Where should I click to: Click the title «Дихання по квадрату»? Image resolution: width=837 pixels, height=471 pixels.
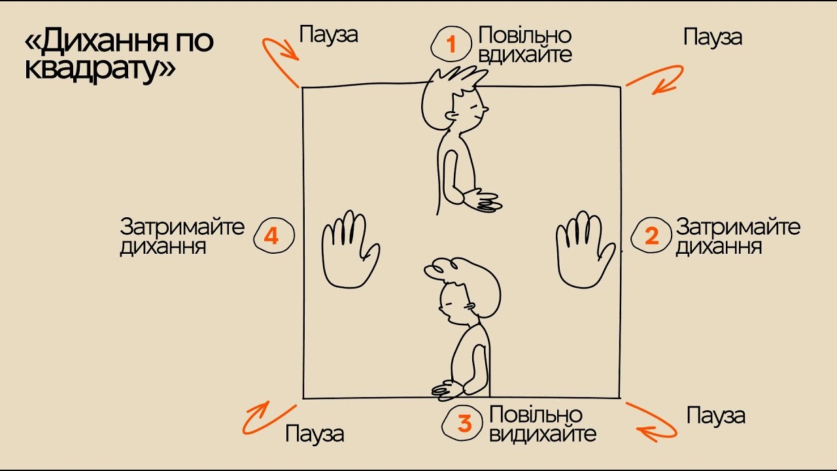coord(119,56)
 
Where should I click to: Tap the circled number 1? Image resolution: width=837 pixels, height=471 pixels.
coord(451,44)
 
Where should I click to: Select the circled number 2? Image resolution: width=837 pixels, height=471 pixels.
coord(651,235)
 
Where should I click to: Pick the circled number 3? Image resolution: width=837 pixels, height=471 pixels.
coord(464,423)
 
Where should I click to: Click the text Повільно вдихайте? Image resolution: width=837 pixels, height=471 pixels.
coord(525,44)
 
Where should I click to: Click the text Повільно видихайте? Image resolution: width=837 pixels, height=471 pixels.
coord(542,424)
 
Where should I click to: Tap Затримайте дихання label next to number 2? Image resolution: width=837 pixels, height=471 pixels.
coord(738,237)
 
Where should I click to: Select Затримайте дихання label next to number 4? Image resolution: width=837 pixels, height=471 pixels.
coord(182,237)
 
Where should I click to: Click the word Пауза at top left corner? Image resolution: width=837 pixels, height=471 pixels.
coord(328,35)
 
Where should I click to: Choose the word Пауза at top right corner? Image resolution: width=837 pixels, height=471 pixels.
coord(712,37)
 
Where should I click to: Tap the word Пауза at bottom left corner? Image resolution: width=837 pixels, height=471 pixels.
coord(315,434)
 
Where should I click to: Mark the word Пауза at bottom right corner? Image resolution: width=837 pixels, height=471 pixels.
coord(716,415)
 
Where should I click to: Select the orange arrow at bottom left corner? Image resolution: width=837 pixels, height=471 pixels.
coord(267,418)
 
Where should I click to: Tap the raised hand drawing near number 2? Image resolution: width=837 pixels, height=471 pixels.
coord(584,249)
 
